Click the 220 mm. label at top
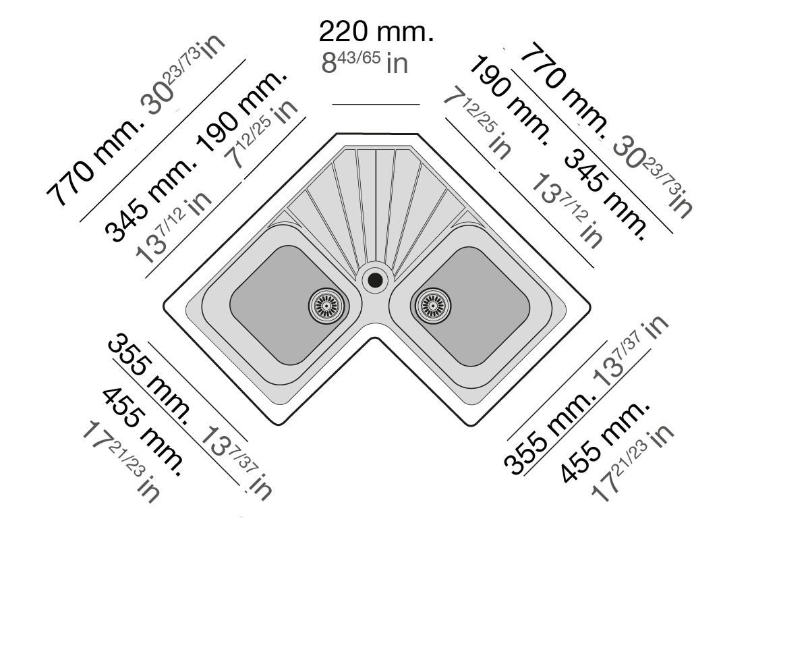point(376,32)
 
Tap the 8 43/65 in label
point(365,63)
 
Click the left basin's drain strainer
point(328,305)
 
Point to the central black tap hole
point(375,280)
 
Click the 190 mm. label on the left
point(242,110)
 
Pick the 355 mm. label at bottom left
point(150,377)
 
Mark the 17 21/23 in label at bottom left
point(121,462)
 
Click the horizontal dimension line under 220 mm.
point(376,104)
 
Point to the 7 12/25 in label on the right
point(477,124)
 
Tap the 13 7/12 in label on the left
point(173,227)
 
